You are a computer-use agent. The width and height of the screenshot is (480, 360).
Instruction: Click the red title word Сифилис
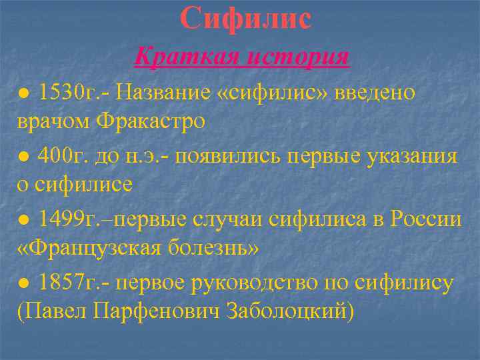(245, 17)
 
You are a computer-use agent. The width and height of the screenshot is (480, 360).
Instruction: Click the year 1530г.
(69, 92)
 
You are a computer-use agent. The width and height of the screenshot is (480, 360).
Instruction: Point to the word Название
(163, 92)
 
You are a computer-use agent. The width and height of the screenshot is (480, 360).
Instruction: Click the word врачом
(53, 122)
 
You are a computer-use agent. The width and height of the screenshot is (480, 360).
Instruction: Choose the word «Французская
(86, 249)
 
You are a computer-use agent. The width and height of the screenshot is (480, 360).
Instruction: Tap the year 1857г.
(69, 281)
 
